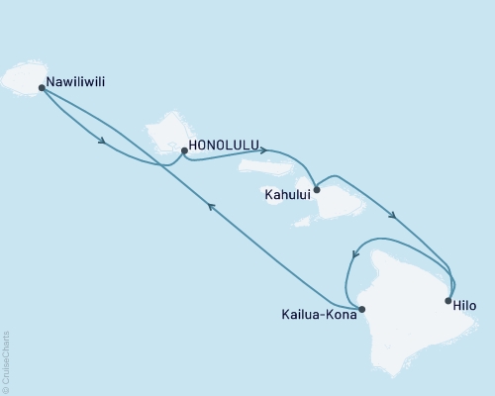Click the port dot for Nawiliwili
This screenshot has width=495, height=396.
42,87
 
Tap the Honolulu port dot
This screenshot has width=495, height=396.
184,151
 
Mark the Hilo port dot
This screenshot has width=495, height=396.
448,300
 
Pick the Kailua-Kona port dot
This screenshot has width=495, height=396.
362,309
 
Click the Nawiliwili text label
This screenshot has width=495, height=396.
78,83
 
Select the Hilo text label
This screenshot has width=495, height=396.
463,306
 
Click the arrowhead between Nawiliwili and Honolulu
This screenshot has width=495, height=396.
102,141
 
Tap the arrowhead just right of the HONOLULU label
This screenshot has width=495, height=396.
261,151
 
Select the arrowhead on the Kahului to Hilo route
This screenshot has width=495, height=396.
394,217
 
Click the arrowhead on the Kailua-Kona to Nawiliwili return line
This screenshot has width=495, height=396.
210,205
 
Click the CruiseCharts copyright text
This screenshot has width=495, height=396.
7,361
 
